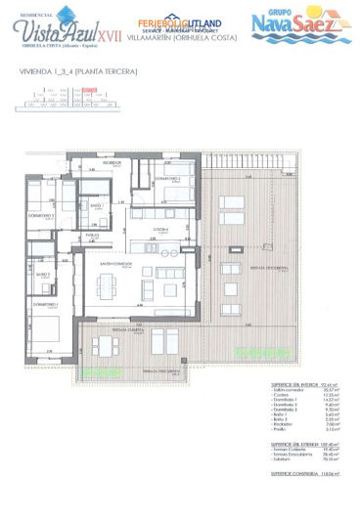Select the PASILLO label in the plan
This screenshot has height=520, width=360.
click(x=94, y=236)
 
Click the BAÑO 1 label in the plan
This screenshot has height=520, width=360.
click(x=96, y=205)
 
